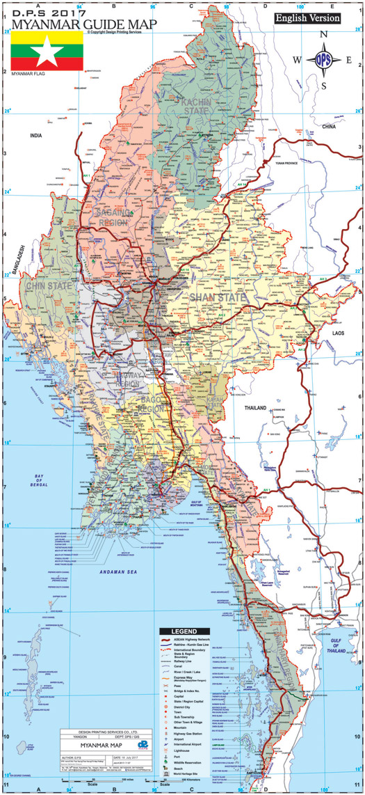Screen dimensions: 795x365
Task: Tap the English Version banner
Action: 307,18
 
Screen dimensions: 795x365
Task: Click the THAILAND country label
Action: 254,409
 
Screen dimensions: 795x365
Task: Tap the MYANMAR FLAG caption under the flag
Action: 25,72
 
